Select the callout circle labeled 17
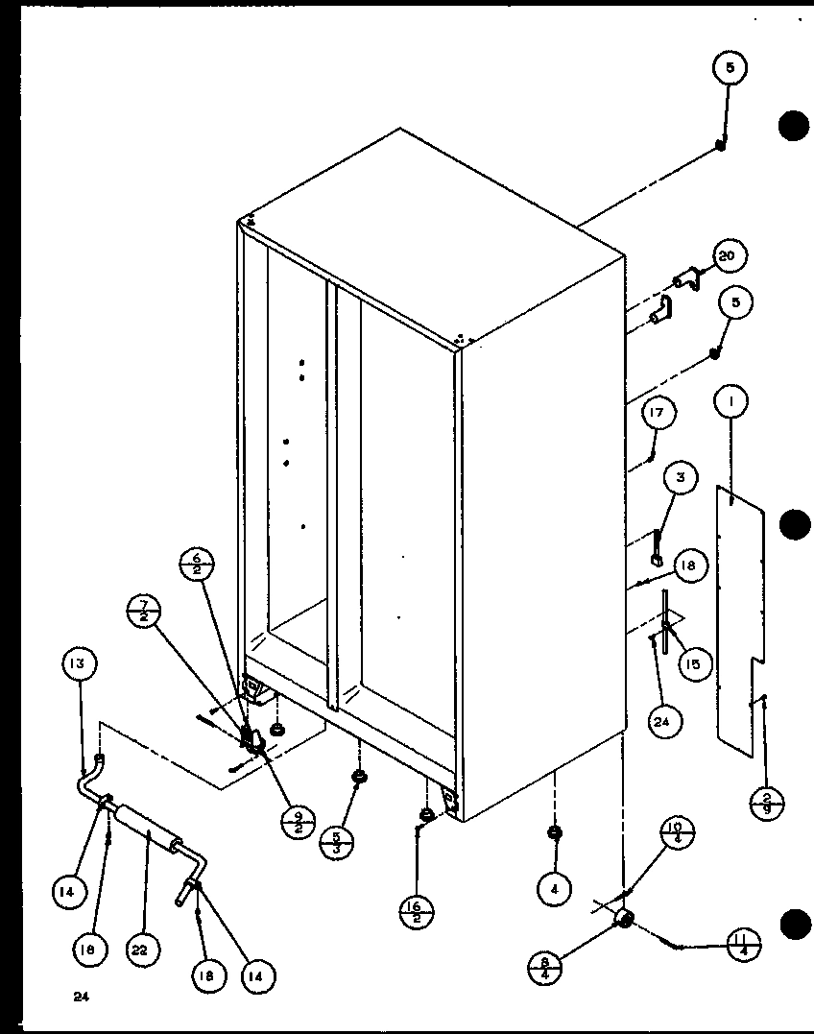point(658,414)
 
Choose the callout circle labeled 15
point(691,663)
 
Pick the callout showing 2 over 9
point(767,799)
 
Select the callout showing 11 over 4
point(743,945)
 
